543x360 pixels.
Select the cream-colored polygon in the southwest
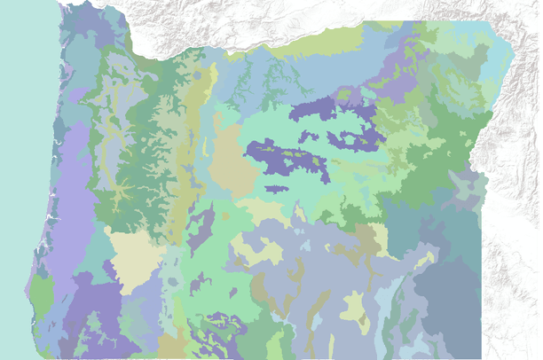(x=136, y=257)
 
